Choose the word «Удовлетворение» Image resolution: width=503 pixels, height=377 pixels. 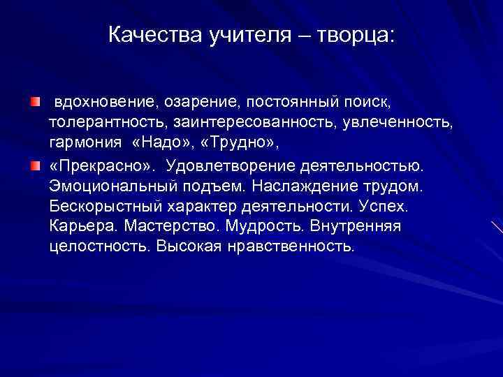click(230, 165)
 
